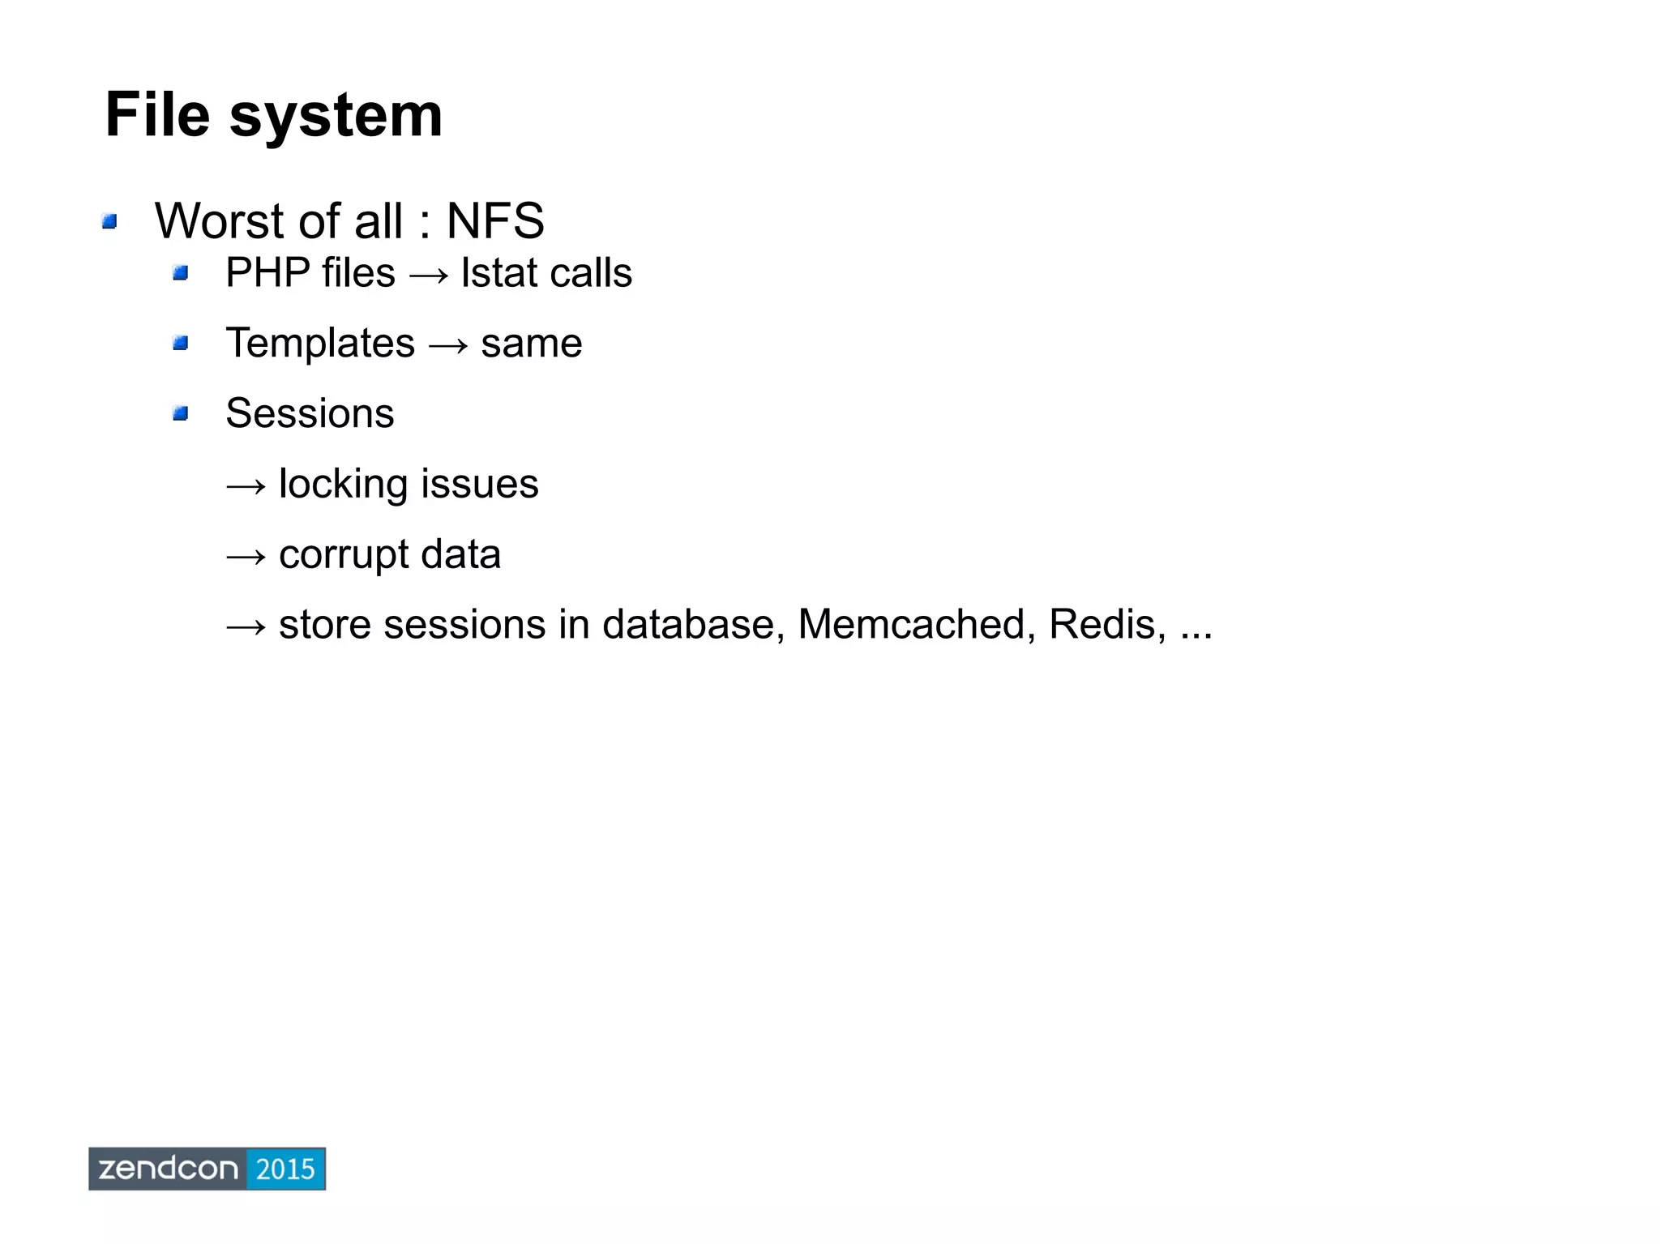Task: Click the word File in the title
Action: pyautogui.click(x=157, y=115)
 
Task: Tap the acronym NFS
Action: pyautogui.click(x=495, y=220)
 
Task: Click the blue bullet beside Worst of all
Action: pyautogui.click(x=110, y=221)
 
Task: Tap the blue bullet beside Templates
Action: pyautogui.click(x=180, y=344)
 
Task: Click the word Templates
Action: pyautogui.click(x=320, y=343)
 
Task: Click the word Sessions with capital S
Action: pyautogui.click(x=310, y=413)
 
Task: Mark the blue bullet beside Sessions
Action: pyautogui.click(x=180, y=414)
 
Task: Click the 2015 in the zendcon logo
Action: pyautogui.click(x=285, y=1169)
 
